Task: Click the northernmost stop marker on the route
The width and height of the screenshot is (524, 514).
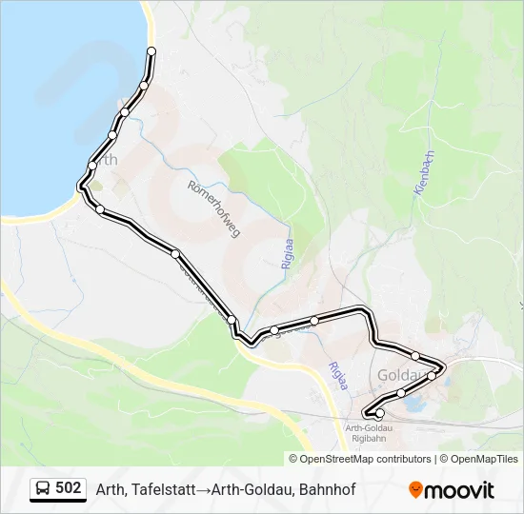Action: click(151, 50)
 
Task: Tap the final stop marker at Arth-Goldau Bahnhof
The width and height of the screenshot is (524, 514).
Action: click(380, 413)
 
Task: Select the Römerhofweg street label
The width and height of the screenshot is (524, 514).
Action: click(214, 209)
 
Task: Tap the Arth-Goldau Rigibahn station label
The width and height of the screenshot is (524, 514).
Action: click(369, 433)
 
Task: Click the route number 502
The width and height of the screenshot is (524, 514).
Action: click(69, 488)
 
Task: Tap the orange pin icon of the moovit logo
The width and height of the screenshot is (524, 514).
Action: click(415, 489)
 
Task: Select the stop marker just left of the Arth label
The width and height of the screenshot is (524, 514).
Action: click(92, 166)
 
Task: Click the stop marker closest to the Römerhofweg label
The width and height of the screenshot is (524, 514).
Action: click(175, 252)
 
